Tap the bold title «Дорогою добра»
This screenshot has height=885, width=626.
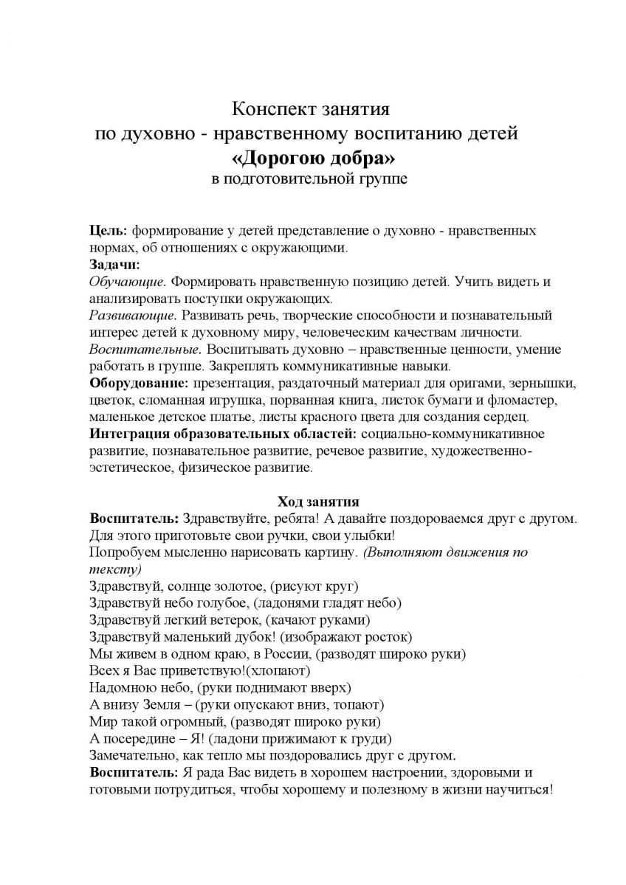pyautogui.click(x=312, y=157)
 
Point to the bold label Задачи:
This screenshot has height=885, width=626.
pyautogui.click(x=114, y=263)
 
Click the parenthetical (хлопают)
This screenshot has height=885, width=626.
pyautogui.click(x=278, y=670)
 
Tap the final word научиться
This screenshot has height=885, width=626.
pyautogui.click(x=519, y=789)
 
